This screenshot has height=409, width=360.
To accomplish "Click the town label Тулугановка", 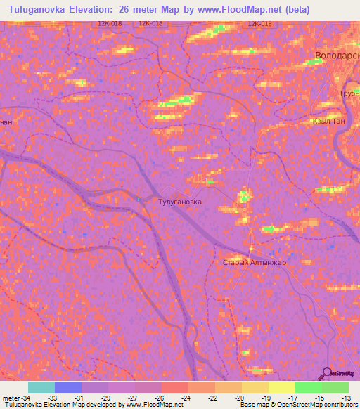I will [x=179, y=202].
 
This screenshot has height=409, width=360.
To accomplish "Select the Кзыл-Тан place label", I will [x=328, y=121].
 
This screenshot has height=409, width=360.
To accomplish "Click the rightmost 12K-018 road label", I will [x=259, y=23].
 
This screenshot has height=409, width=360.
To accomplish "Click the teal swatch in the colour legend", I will [x=41, y=387].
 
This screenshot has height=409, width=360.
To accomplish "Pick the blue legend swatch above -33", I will [x=67, y=387].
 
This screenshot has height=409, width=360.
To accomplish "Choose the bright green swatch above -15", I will [x=308, y=387].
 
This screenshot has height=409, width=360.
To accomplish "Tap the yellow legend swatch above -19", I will [x=255, y=387].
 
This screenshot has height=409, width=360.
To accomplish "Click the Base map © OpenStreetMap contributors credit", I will [x=299, y=405].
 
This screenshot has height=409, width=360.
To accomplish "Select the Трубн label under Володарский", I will [x=347, y=92].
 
